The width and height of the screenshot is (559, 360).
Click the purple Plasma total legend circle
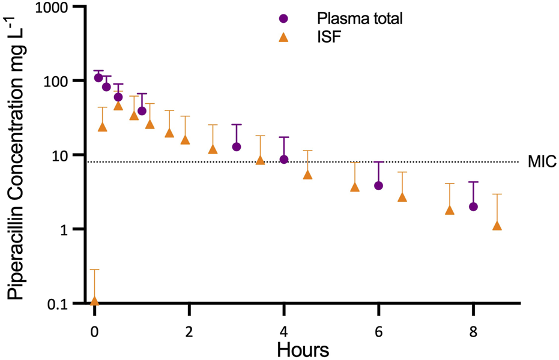[284, 18]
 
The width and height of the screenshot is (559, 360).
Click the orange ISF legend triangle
[284, 38]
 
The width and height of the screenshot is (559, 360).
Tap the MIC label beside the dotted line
[542, 161]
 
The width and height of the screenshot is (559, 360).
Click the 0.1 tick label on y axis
[58, 304]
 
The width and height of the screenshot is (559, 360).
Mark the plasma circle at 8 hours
[473, 206]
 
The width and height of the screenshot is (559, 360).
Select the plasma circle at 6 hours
[378, 185]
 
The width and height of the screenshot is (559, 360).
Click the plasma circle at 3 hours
[237, 146]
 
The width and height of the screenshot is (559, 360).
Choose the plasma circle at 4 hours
[284, 159]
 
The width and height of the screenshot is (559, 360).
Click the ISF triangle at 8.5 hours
[497, 226]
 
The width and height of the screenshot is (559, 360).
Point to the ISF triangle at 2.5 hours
[213, 149]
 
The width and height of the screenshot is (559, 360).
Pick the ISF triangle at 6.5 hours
[402, 197]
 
